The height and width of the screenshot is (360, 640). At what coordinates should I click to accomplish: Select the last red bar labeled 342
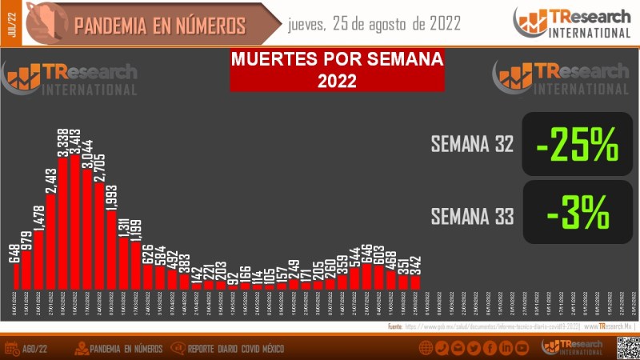[414, 282]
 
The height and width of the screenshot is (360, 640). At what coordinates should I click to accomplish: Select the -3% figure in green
[578, 213]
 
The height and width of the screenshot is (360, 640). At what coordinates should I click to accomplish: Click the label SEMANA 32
[471, 145]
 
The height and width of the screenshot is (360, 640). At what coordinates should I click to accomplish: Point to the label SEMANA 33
[471, 216]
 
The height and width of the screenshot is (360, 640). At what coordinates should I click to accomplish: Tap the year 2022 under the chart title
[336, 80]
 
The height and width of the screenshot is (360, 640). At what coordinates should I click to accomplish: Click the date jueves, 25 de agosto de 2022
[374, 24]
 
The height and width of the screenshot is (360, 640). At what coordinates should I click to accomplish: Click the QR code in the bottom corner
[626, 347]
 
